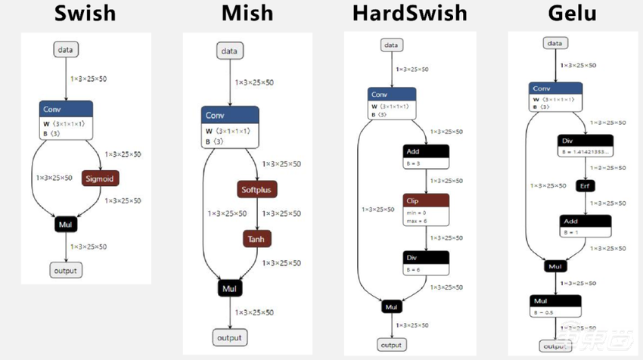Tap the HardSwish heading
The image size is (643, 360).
point(409,14)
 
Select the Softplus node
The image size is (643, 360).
point(258,189)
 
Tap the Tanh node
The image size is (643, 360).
point(256,239)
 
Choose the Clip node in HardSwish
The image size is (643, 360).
point(427,201)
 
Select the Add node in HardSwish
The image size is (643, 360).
point(427,151)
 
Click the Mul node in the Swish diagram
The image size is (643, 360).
point(66,225)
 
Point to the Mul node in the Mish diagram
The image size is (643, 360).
point(229,288)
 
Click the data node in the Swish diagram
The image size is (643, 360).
point(66,50)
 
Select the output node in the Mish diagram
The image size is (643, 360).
point(229,337)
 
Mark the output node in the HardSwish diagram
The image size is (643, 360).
point(391,345)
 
